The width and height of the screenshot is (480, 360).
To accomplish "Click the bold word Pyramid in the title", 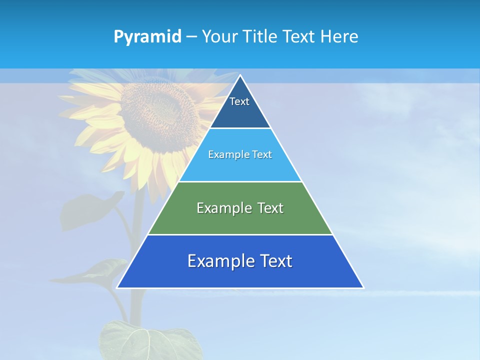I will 147,37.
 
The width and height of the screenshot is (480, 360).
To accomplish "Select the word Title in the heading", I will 263,37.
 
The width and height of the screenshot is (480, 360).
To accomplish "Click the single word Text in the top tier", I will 239,101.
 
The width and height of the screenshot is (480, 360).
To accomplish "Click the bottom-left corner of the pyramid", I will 117,287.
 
